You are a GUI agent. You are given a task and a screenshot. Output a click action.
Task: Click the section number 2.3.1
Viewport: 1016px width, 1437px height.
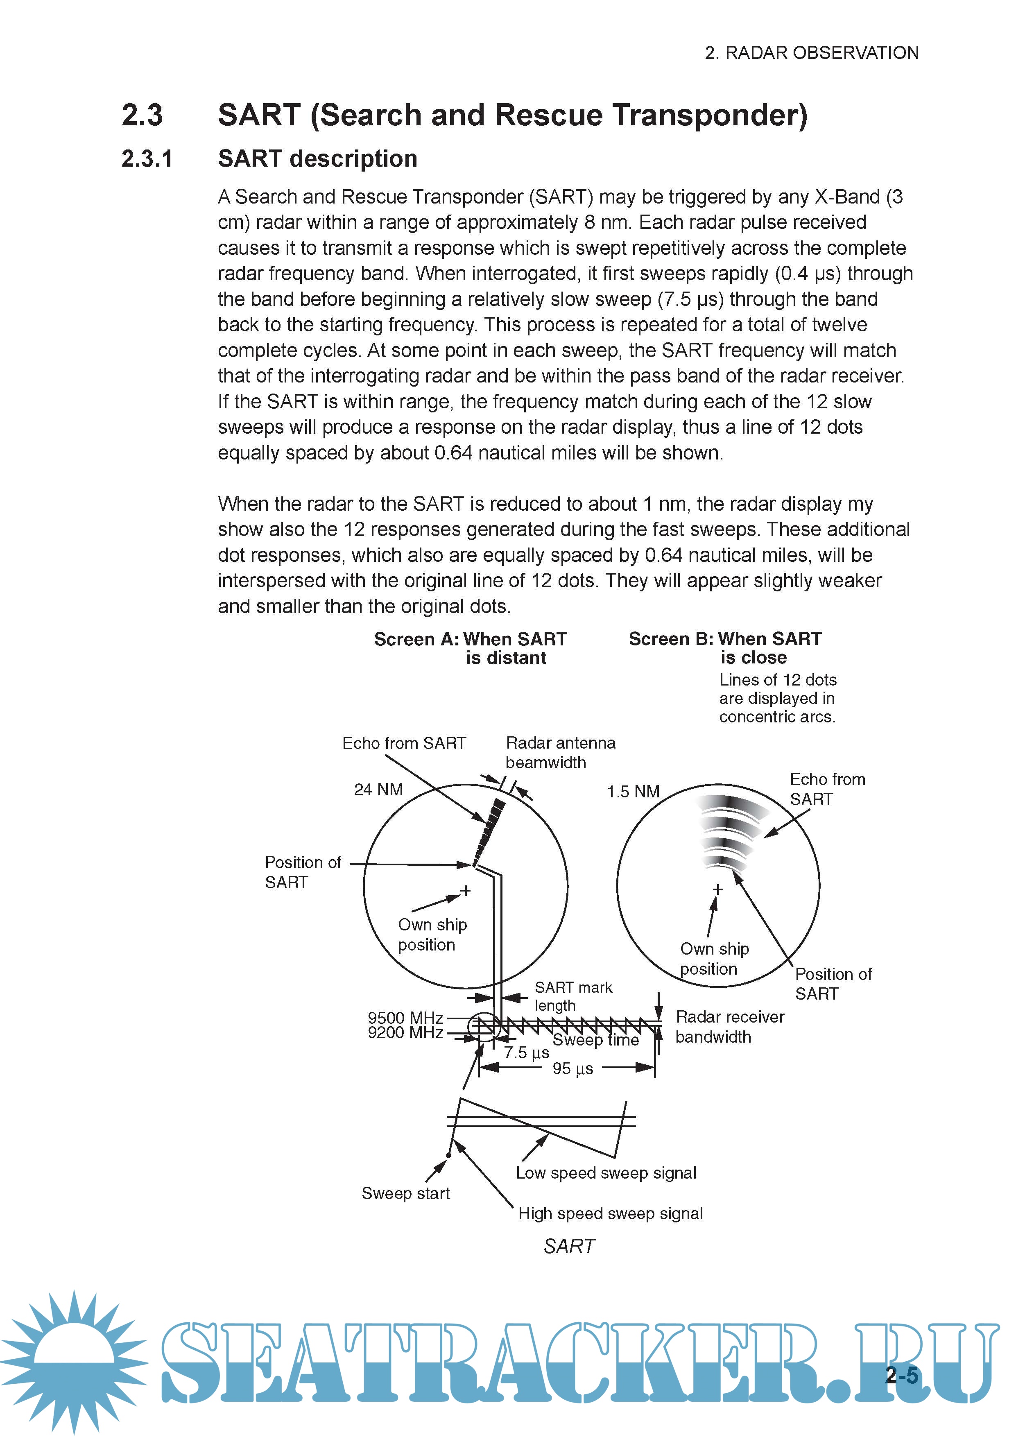147,159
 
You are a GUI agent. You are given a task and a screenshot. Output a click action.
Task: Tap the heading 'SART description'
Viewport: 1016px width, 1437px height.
317,159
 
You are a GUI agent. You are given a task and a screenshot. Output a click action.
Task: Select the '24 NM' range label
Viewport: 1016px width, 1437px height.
378,790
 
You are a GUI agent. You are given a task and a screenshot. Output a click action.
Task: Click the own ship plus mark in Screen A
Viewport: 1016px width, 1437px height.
465,891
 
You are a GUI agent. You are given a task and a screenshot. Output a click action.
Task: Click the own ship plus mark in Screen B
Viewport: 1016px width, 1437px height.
718,889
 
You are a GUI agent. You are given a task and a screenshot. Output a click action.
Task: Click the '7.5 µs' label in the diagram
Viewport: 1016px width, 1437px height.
527,1053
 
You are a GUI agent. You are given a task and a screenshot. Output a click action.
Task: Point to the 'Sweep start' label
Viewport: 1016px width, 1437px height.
406,1193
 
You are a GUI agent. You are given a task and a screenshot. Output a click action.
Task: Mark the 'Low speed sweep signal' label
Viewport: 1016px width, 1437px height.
606,1173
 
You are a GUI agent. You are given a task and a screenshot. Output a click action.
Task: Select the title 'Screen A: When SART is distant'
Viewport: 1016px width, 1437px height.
471,648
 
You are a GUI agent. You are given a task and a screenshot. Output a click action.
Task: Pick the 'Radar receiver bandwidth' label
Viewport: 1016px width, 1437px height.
730,1027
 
